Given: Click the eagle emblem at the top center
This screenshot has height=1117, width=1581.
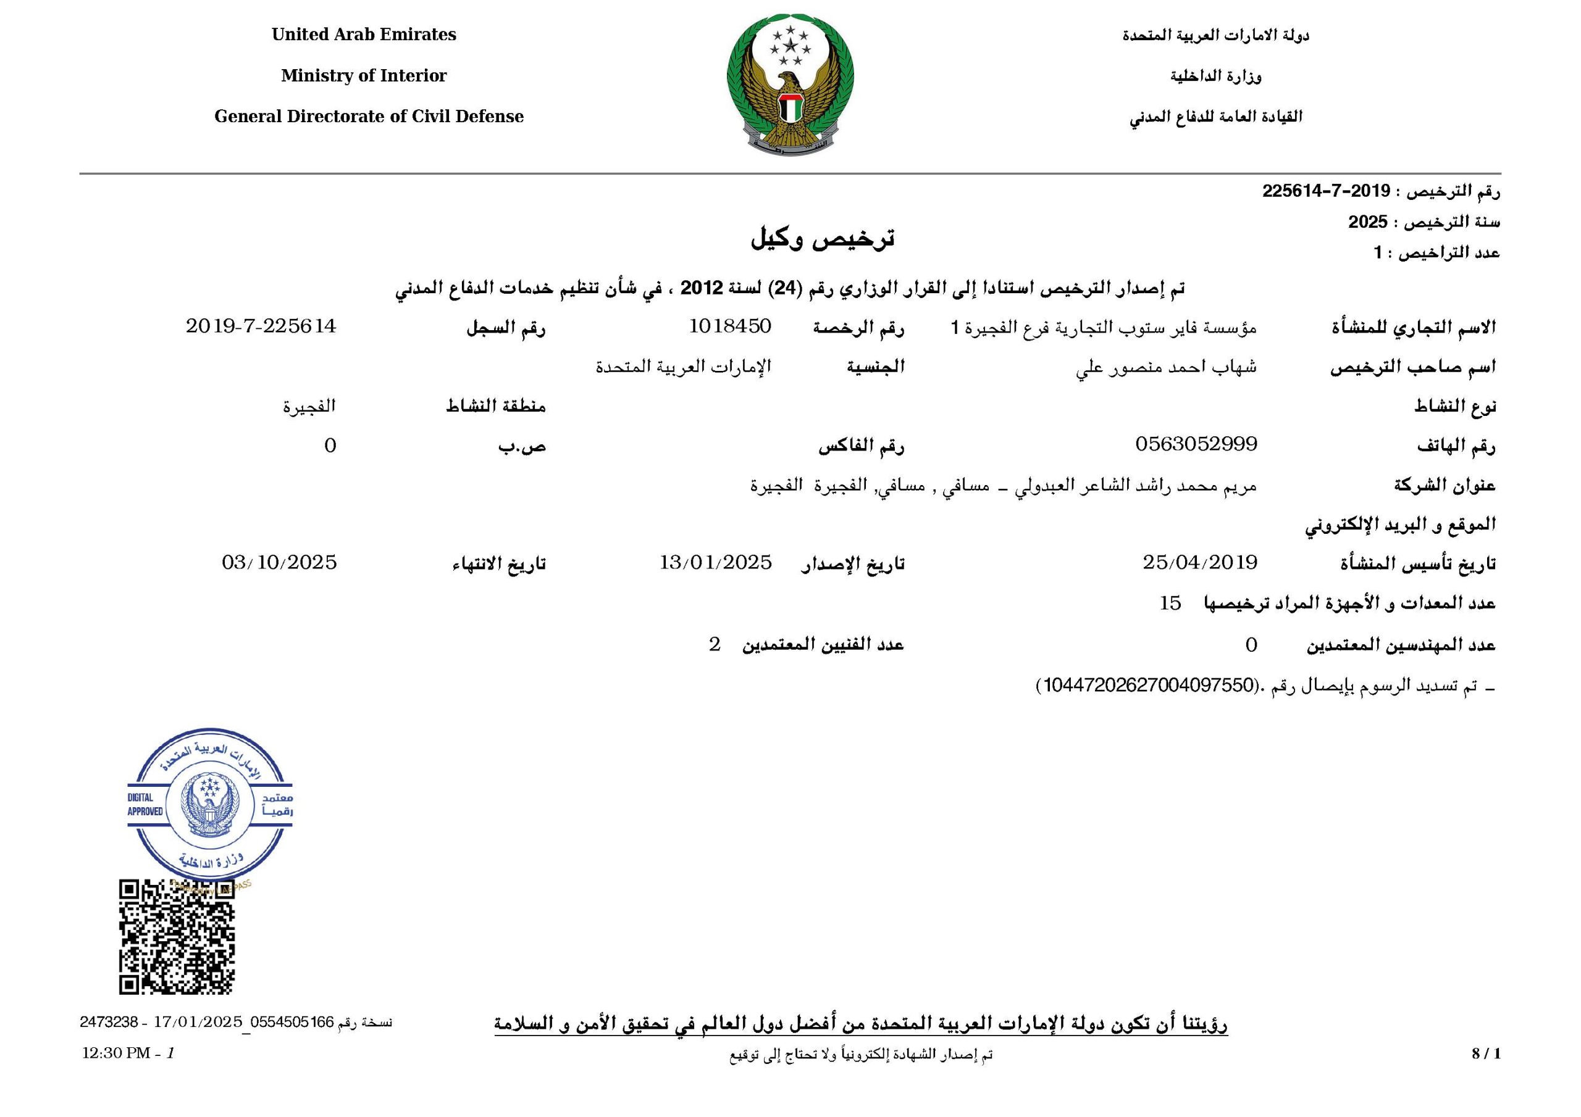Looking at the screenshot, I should [790, 86].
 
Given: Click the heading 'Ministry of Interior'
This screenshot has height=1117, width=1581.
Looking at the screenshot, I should [364, 76].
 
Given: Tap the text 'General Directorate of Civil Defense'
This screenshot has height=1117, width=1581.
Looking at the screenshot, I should [369, 116].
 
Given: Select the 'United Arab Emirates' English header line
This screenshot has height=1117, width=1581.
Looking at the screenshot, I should [364, 35].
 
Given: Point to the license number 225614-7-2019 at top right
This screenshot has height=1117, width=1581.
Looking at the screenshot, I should [1326, 191].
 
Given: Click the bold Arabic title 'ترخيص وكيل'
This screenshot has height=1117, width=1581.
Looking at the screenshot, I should [822, 238].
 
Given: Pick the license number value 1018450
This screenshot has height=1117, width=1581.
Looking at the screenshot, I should [730, 326].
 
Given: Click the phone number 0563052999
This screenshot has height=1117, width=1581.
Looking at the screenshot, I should [1196, 444].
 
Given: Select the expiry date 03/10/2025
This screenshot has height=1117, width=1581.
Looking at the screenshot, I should [279, 563].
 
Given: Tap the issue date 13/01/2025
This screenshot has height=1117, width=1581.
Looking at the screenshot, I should [715, 563].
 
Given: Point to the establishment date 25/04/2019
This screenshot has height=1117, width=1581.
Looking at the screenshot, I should [1199, 563].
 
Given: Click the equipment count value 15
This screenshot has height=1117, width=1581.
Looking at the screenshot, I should [1170, 604].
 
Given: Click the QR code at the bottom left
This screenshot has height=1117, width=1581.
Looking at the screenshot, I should [177, 937].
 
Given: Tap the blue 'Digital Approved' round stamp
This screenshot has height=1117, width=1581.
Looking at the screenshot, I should [210, 806].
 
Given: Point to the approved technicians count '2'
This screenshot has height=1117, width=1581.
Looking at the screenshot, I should [715, 645].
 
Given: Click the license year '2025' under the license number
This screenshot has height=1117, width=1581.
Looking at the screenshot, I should [1367, 222].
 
